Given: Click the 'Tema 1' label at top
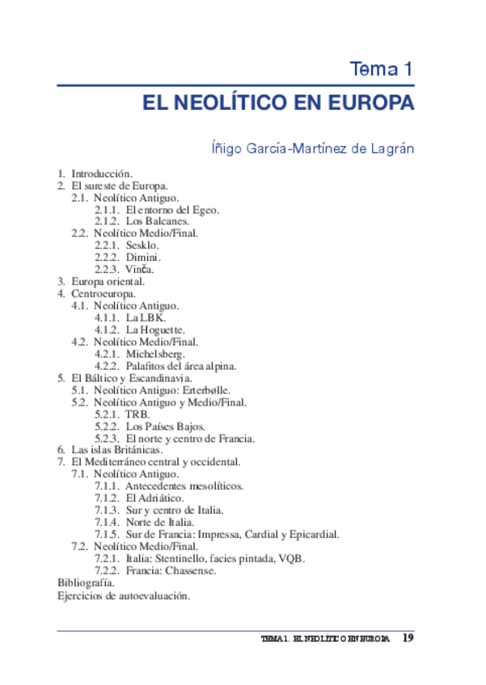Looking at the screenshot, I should point(382,69).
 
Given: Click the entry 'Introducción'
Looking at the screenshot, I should point(101,174).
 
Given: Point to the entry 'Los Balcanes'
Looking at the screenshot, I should point(157,221).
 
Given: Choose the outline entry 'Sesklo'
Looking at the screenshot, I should point(142,244).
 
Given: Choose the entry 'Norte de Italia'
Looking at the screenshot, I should point(159,522).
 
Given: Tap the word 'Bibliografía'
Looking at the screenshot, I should point(86,582).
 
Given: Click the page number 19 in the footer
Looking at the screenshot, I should point(408,638).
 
